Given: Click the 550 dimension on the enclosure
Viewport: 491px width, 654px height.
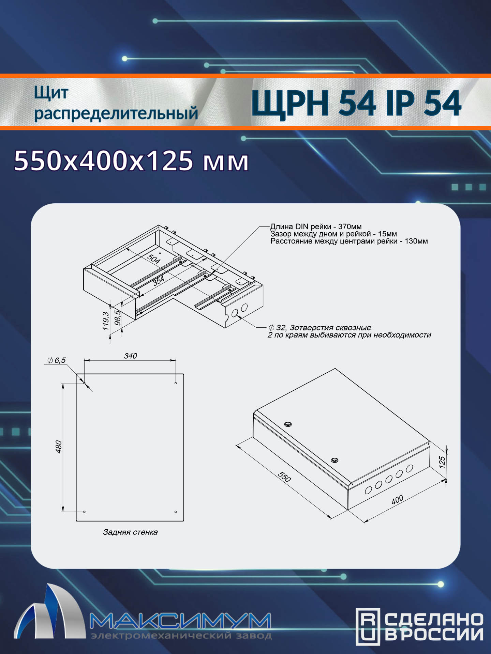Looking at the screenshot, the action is [284, 477].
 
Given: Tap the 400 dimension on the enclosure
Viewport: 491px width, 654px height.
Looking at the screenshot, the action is [397, 500].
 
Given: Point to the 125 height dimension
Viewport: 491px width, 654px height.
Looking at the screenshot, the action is [442, 462].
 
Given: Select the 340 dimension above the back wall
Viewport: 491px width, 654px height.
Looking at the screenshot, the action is [130, 356].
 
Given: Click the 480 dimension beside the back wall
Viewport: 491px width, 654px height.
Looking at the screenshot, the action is [59, 447].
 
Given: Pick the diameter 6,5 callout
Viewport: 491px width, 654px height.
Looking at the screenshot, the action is [57, 360].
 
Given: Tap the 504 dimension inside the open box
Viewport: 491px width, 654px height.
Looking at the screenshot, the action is [153, 259].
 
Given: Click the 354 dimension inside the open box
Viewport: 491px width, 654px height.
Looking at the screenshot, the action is [159, 281].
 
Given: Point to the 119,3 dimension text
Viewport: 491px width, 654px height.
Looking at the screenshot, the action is [106, 321].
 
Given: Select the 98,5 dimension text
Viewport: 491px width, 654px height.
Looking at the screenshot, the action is [118, 317].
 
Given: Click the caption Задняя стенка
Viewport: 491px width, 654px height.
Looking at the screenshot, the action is [130, 532].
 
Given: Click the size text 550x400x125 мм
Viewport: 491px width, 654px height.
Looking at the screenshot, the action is [131, 160].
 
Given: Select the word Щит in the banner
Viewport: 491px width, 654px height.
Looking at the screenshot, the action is [51, 93].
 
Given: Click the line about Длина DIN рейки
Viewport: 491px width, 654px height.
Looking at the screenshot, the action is [316, 227].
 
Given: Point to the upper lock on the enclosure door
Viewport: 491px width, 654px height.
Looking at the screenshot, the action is [288, 424].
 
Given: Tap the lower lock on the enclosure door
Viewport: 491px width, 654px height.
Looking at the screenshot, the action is [334, 460].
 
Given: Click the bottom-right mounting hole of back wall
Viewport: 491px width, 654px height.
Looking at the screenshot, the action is [176, 512].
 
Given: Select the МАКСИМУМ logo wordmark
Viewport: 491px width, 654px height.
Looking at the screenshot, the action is [180, 621].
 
